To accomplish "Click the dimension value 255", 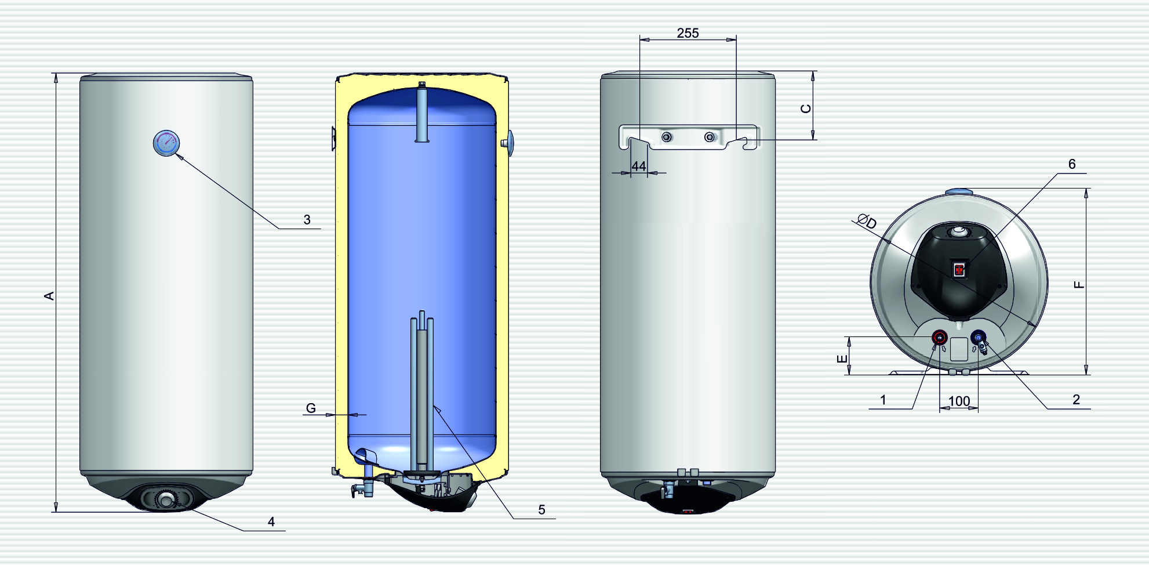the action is click(688, 33).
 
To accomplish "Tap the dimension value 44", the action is click(638, 166).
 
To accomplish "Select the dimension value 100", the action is click(959, 401).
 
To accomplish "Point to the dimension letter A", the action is click(49, 296).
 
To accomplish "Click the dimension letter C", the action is click(806, 108).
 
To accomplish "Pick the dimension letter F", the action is click(1078, 284).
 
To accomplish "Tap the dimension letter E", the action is click(842, 359).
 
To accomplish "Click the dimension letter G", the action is click(311, 408).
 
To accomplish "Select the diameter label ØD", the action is click(867, 221).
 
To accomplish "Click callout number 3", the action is click(307, 220).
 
